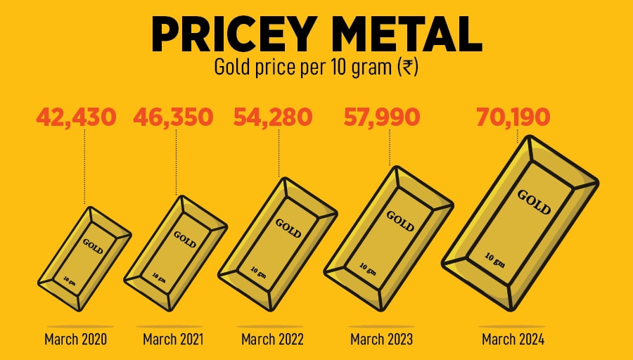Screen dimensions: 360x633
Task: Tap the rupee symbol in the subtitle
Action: coord(406,68)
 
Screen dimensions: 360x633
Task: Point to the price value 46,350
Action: coord(173,117)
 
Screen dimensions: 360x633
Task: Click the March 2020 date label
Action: coord(75,340)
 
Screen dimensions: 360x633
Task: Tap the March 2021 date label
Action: coord(173,340)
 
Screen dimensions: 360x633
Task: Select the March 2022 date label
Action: coord(272,340)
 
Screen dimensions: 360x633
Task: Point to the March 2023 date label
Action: coord(381,340)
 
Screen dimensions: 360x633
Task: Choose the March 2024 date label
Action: coord(513,340)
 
